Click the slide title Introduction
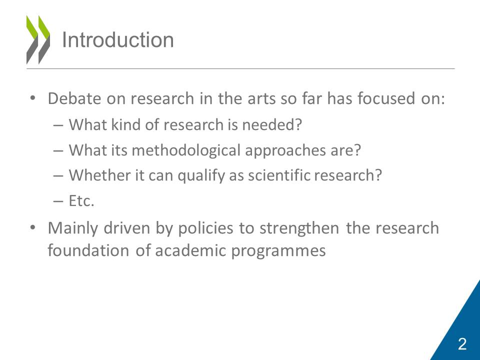[x=118, y=40]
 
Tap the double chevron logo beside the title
[x=38, y=40]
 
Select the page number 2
[x=462, y=344]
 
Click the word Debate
[x=74, y=98]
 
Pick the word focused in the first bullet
[x=386, y=98]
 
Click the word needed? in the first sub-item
[x=272, y=124]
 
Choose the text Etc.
[x=81, y=201]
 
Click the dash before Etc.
[x=58, y=201]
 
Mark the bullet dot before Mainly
[x=33, y=228]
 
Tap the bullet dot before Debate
[x=33, y=98]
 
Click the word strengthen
[x=299, y=228]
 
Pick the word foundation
[x=88, y=250]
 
